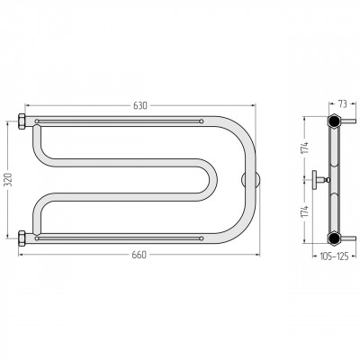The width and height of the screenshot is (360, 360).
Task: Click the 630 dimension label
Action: (x=140, y=105)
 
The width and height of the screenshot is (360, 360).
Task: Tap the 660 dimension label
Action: (x=139, y=255)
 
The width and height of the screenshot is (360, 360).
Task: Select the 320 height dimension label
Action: (x=8, y=180)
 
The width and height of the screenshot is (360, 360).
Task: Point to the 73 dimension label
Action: (x=342, y=104)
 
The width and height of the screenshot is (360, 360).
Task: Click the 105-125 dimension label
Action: (x=334, y=256)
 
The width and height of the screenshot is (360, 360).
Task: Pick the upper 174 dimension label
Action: (x=305, y=148)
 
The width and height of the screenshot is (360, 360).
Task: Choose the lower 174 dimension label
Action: (x=305, y=211)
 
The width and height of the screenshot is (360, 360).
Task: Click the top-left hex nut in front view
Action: (x=22, y=121)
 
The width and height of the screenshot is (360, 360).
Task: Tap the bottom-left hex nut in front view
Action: (x=22, y=238)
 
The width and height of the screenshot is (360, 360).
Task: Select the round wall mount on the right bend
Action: (x=251, y=180)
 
